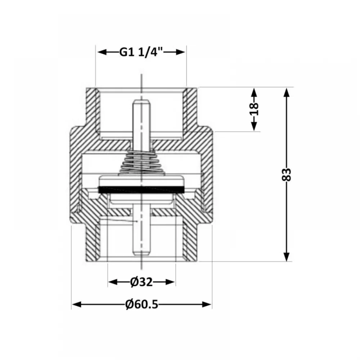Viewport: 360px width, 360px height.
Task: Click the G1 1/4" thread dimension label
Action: [141, 52]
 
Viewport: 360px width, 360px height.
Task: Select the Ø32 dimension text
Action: [141, 282]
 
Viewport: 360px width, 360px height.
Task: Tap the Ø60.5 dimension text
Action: [142, 305]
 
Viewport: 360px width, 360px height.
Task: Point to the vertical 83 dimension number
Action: [286, 175]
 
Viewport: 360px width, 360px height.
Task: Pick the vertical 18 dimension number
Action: [254, 109]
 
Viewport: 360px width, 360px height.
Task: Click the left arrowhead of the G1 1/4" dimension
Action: [102, 52]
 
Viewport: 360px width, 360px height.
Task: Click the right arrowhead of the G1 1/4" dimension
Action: [180, 52]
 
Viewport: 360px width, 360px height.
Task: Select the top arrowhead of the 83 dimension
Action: [286, 93]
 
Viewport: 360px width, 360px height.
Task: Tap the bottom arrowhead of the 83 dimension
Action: [286, 256]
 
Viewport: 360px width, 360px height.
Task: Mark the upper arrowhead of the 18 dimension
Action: [254, 93]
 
